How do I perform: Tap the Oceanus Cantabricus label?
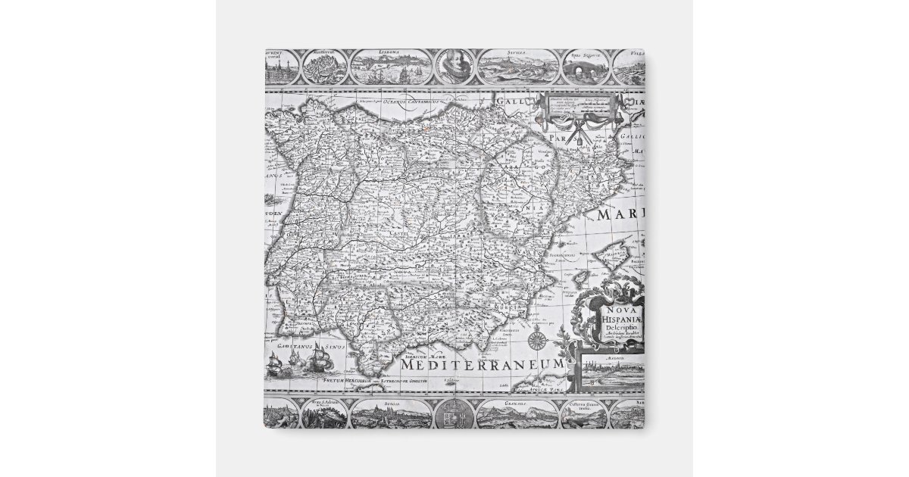pyautogui.click(x=409, y=99)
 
